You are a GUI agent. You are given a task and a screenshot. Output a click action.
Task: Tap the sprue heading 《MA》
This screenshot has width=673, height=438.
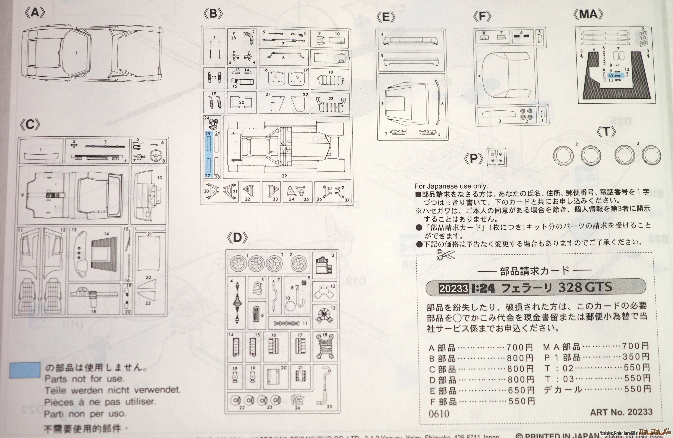[x=588, y=14]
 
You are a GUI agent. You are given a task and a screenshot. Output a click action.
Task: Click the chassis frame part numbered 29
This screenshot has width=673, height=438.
[x=286, y=147]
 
